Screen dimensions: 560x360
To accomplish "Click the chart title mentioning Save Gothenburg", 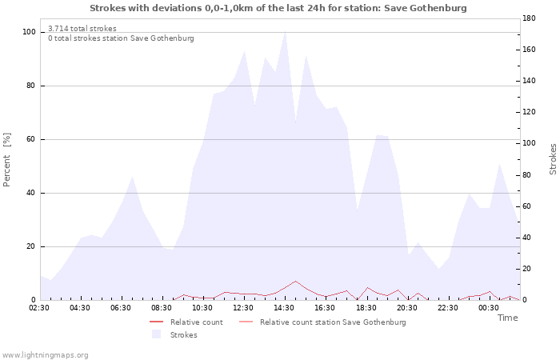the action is (278, 8).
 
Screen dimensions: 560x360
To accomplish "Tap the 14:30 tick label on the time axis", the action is (284, 308).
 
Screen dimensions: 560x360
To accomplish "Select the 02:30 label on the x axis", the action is (39, 308).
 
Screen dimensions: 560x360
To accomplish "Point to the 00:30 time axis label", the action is (489, 308).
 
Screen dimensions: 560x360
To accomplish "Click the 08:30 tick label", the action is (162, 308).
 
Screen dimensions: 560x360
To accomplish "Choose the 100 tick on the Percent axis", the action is (29, 32).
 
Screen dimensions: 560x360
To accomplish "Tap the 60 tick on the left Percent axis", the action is (31, 139).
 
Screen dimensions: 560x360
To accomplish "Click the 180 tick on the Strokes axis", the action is (529, 18).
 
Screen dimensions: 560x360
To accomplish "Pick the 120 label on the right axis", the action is (529, 112).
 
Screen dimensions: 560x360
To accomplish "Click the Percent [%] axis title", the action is (6, 160).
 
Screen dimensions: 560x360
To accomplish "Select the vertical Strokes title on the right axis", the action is (553, 159).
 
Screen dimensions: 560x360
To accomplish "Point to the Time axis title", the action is (507, 318).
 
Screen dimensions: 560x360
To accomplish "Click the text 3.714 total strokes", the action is (82, 29).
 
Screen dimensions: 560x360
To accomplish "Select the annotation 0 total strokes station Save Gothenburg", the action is (121, 38).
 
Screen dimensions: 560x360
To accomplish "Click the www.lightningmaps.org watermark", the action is (44, 355).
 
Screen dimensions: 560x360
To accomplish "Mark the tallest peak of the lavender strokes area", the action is (285, 33).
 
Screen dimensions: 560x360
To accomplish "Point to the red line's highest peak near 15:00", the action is (295, 281).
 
